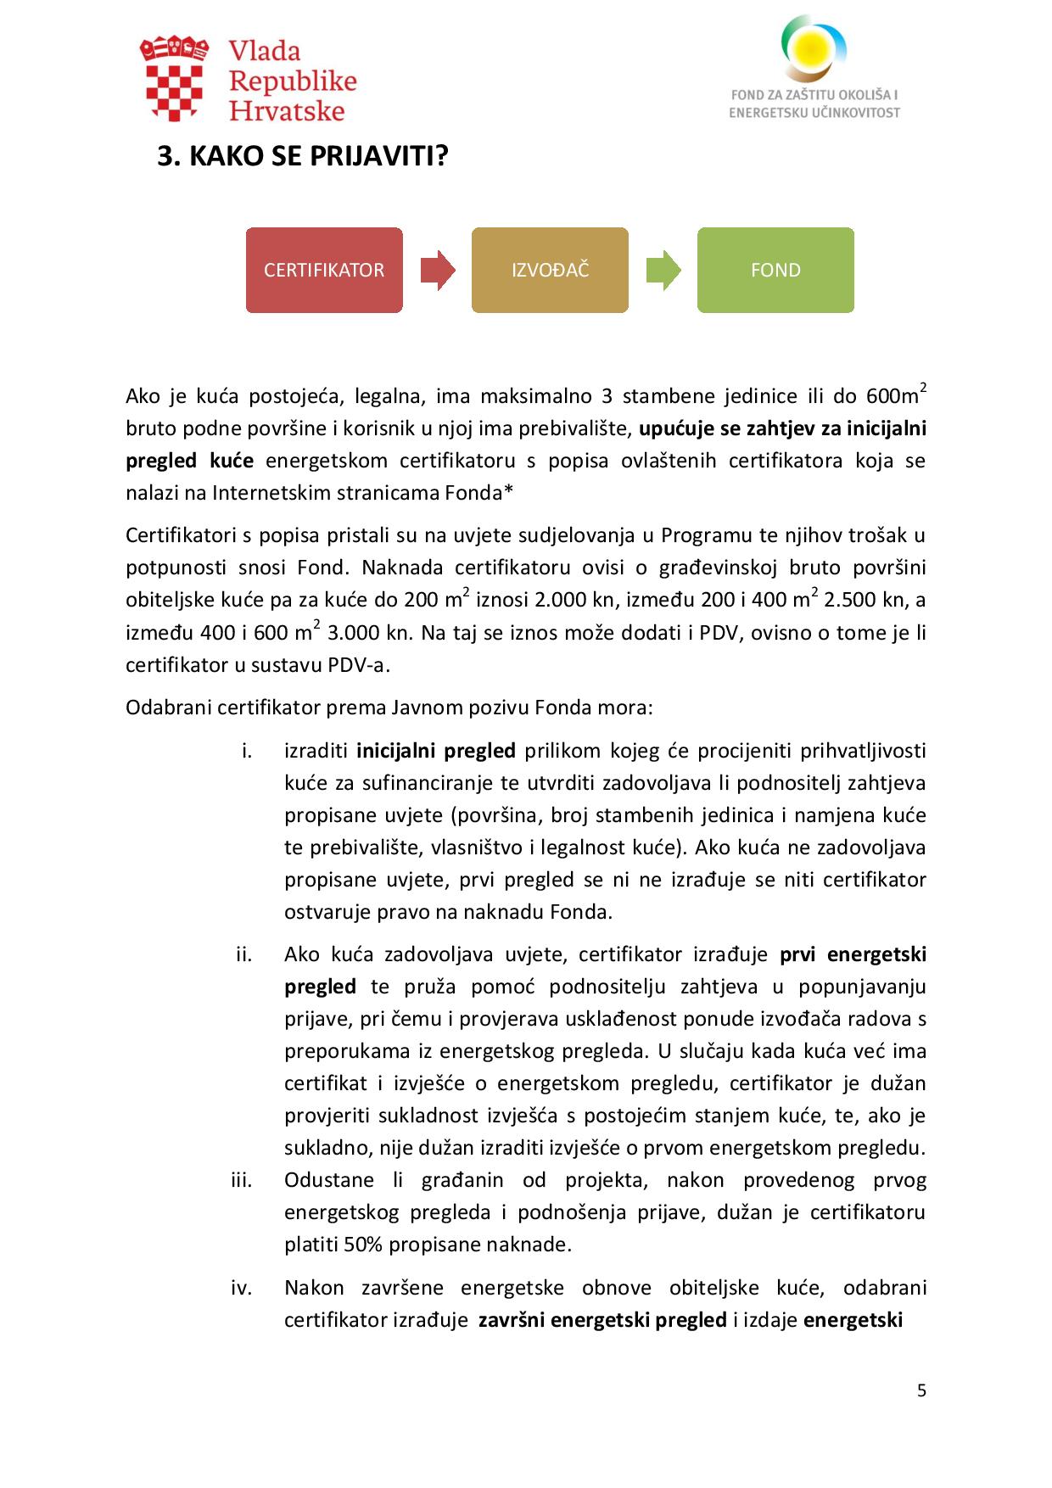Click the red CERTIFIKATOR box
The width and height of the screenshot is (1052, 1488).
click(324, 270)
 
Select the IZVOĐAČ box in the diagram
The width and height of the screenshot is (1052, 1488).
click(550, 270)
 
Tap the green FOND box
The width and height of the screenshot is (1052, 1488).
click(775, 270)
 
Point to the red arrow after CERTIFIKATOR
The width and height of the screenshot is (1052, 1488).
click(438, 270)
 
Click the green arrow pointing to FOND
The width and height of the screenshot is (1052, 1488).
click(663, 270)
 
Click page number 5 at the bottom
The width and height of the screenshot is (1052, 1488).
click(921, 1390)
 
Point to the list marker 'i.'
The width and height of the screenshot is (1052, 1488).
click(247, 751)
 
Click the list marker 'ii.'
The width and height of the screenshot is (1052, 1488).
click(244, 954)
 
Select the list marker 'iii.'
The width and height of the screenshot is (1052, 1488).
click(242, 1180)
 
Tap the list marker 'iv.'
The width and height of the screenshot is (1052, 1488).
click(242, 1288)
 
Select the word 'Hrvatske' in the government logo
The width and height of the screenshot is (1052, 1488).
click(288, 110)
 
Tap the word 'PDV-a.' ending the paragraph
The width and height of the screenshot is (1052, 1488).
click(359, 664)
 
